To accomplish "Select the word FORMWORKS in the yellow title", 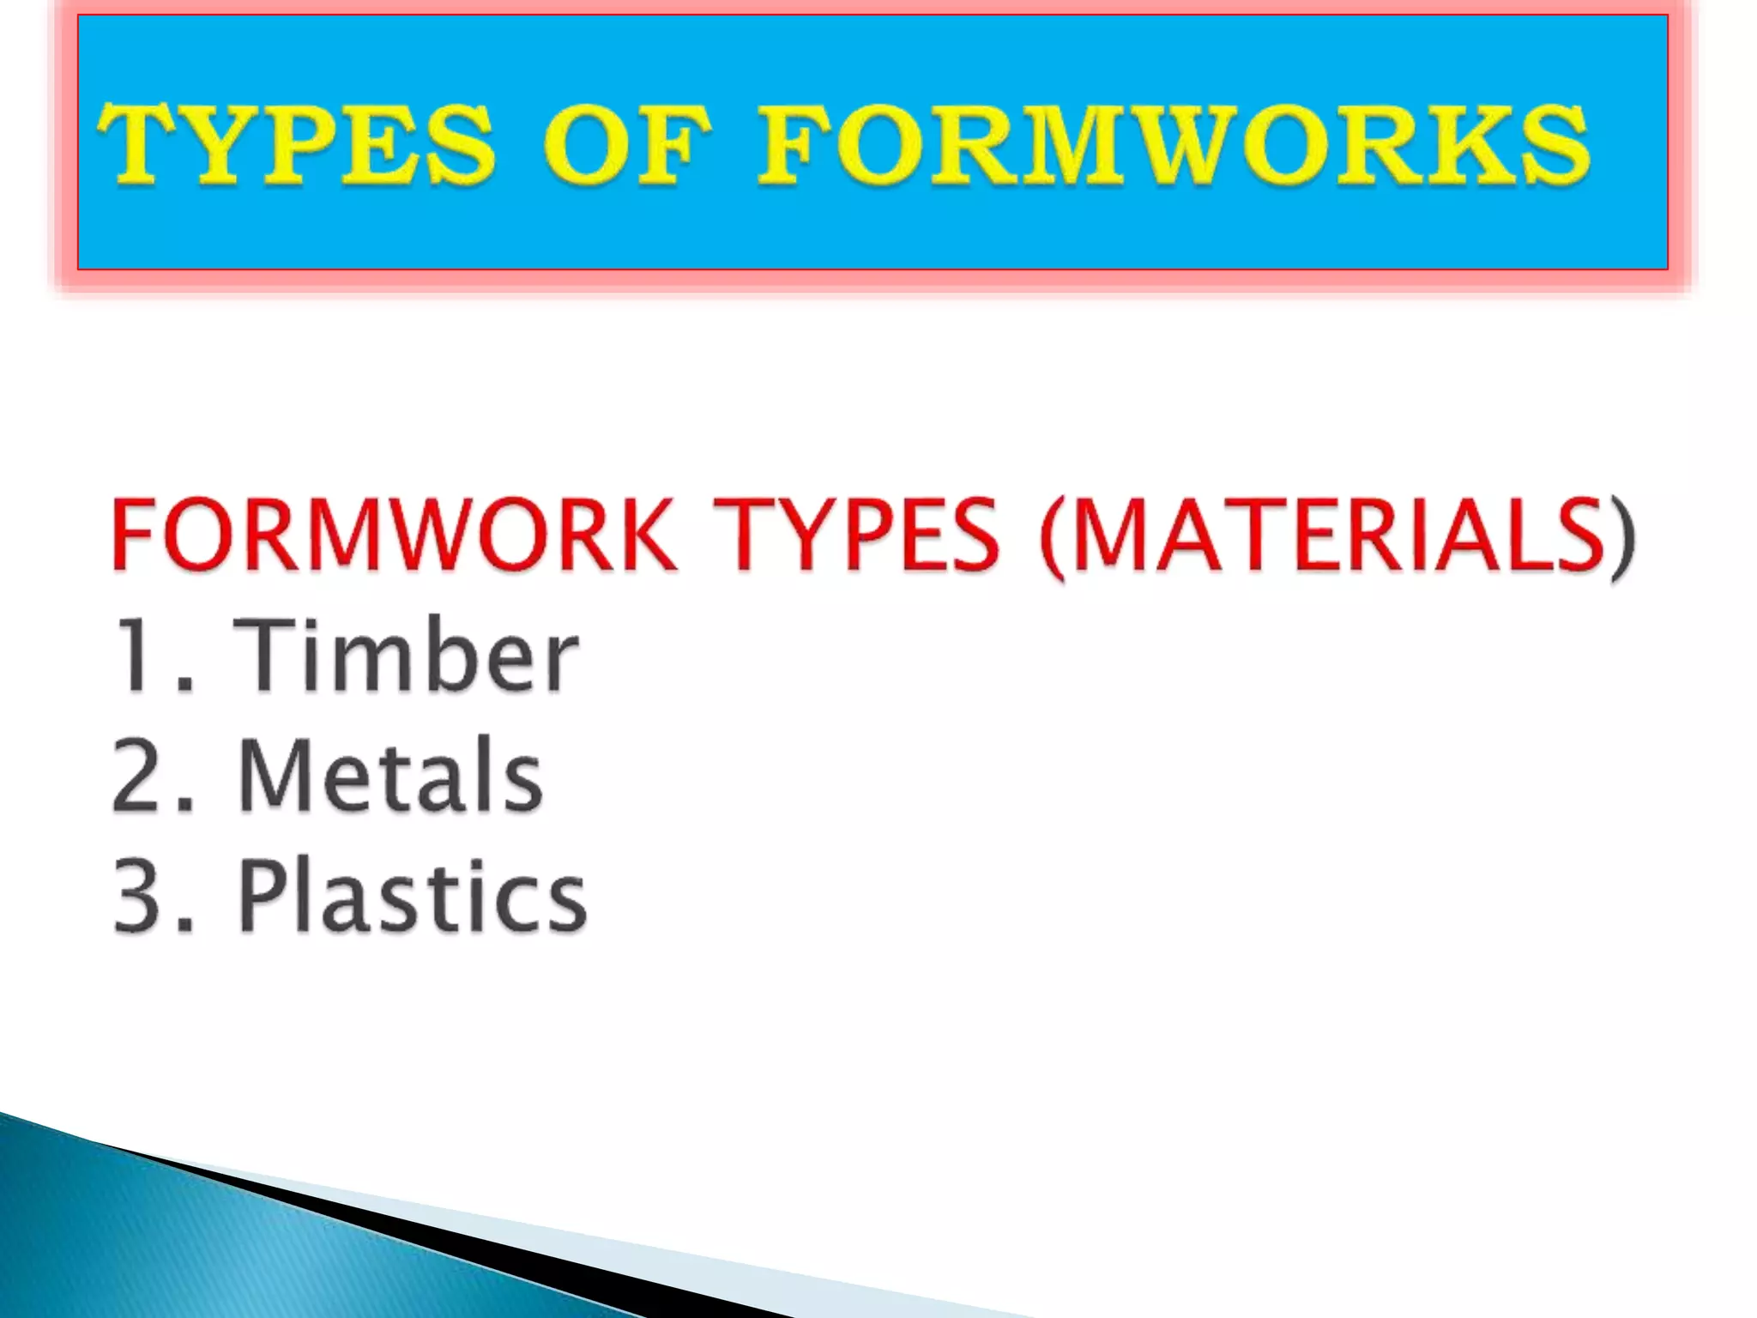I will (x=1174, y=143).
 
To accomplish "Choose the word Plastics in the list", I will (x=412, y=897).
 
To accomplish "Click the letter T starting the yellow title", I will (x=137, y=143).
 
